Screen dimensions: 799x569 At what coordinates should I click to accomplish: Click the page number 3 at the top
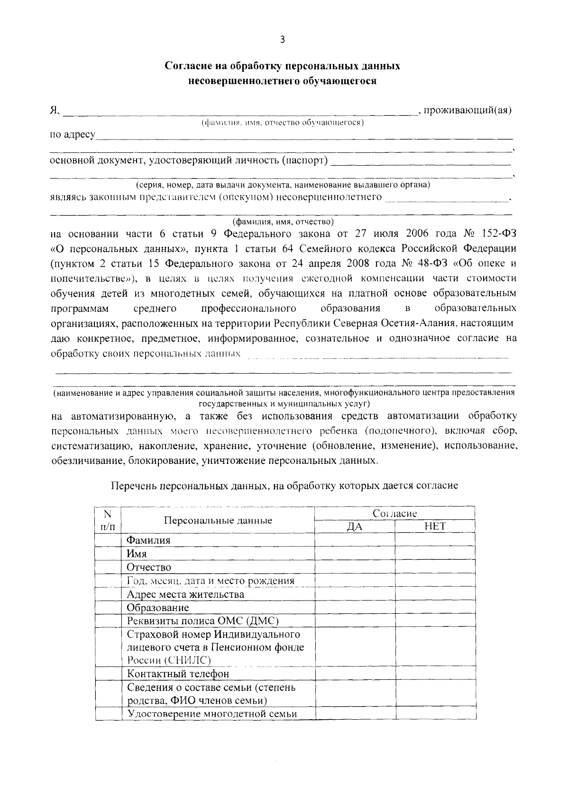(x=282, y=40)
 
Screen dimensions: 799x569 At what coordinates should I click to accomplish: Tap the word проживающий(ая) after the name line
(x=468, y=111)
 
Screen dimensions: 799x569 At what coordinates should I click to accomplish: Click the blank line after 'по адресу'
(x=303, y=136)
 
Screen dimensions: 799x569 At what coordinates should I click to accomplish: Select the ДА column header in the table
(x=355, y=526)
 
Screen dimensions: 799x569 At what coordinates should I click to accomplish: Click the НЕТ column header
(x=435, y=526)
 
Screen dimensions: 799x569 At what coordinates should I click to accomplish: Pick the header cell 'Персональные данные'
(x=218, y=520)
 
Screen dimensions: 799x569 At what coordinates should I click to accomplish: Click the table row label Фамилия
(x=148, y=540)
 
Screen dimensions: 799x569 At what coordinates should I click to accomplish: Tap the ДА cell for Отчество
(x=355, y=567)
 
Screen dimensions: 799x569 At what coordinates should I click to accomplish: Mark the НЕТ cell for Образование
(x=435, y=608)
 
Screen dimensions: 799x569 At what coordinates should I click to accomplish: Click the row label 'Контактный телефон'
(x=178, y=674)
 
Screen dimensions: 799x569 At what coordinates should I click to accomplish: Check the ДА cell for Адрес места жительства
(x=355, y=594)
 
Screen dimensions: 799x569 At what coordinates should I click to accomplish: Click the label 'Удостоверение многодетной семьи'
(x=211, y=714)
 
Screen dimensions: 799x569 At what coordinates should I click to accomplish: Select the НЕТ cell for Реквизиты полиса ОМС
(x=435, y=621)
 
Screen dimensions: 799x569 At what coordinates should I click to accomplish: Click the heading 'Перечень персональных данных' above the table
(x=284, y=486)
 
